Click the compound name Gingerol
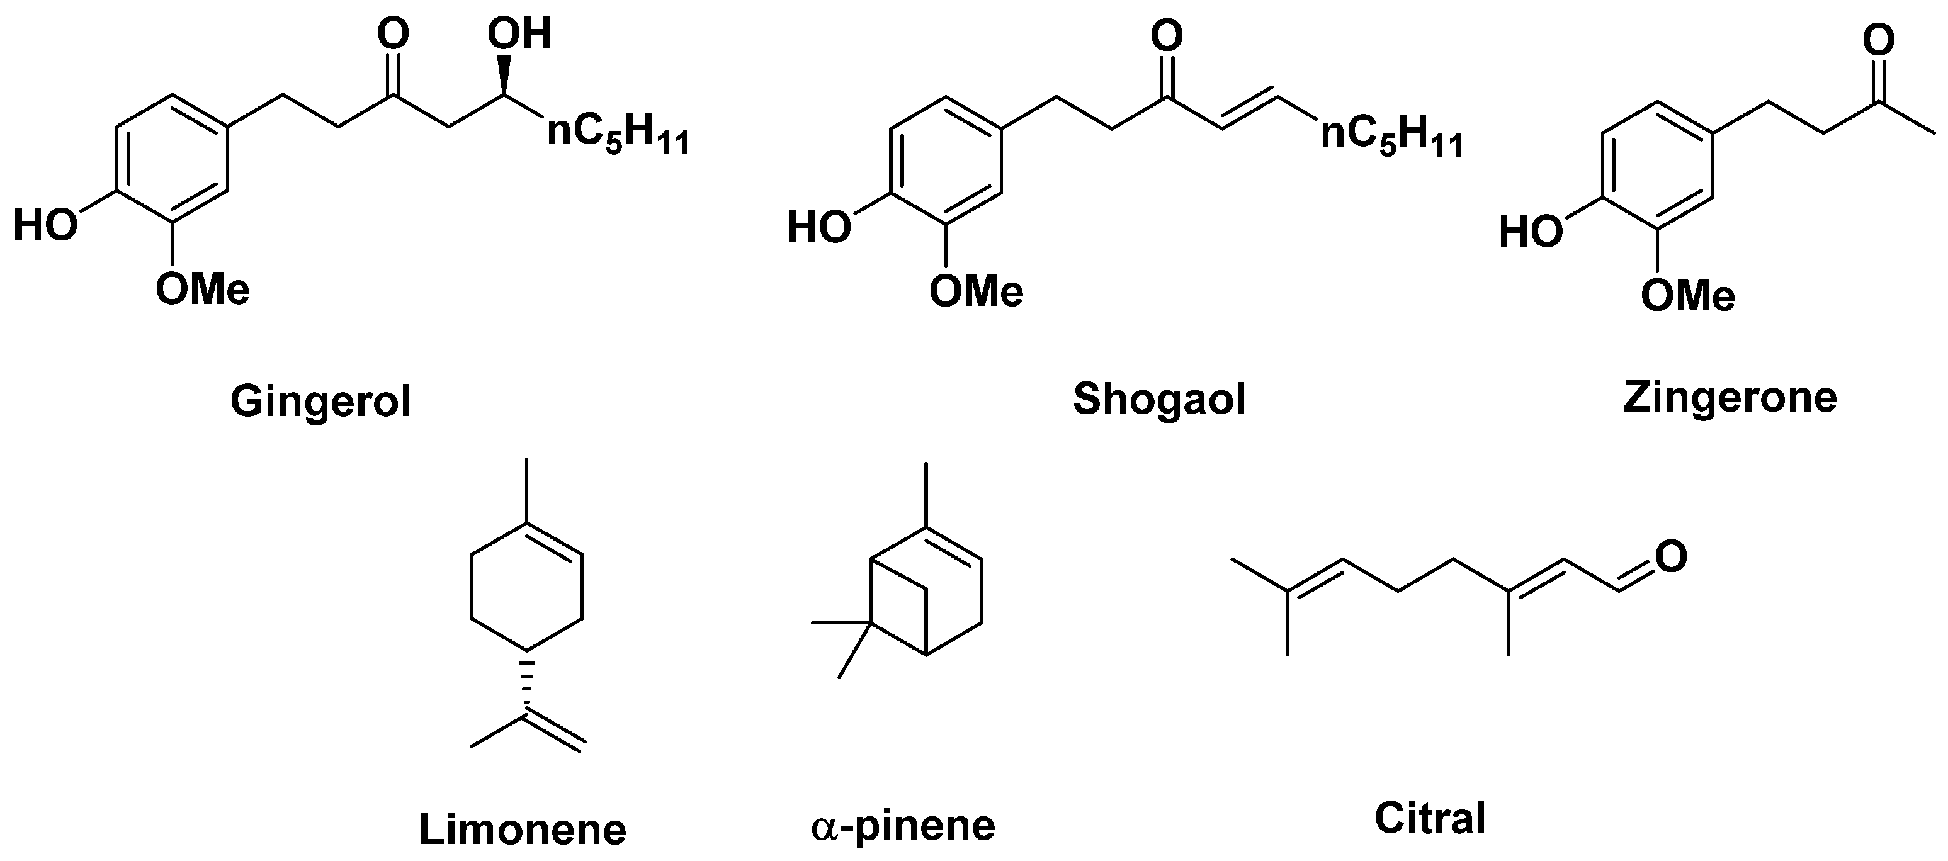320,402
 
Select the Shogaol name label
1159,399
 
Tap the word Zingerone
1730,398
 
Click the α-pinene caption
903,826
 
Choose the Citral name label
1430,818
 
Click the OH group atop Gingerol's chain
519,35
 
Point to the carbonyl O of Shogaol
1166,35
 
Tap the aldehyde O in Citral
1670,557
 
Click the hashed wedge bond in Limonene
527,685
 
